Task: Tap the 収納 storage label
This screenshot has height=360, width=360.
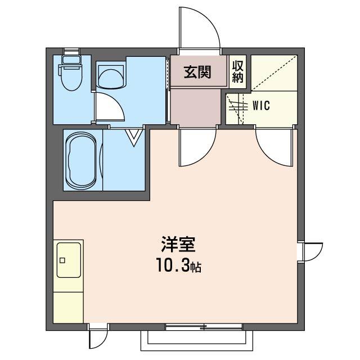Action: (x=237, y=71)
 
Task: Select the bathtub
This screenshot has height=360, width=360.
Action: (x=83, y=160)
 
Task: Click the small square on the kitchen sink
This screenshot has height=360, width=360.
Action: (x=62, y=260)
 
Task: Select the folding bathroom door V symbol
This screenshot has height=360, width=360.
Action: (x=134, y=137)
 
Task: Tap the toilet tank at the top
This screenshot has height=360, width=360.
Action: (x=71, y=58)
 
